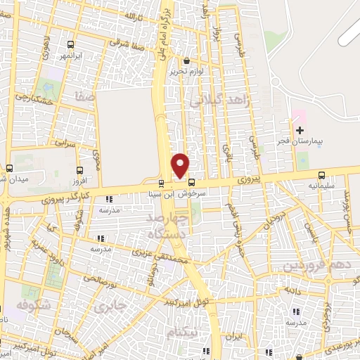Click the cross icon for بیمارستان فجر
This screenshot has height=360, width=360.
[x=300, y=130]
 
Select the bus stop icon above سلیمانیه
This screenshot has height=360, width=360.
[x=321, y=175]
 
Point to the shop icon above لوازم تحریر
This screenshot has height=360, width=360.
[x=186, y=61]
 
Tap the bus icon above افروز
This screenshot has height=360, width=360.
[x=78, y=169]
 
